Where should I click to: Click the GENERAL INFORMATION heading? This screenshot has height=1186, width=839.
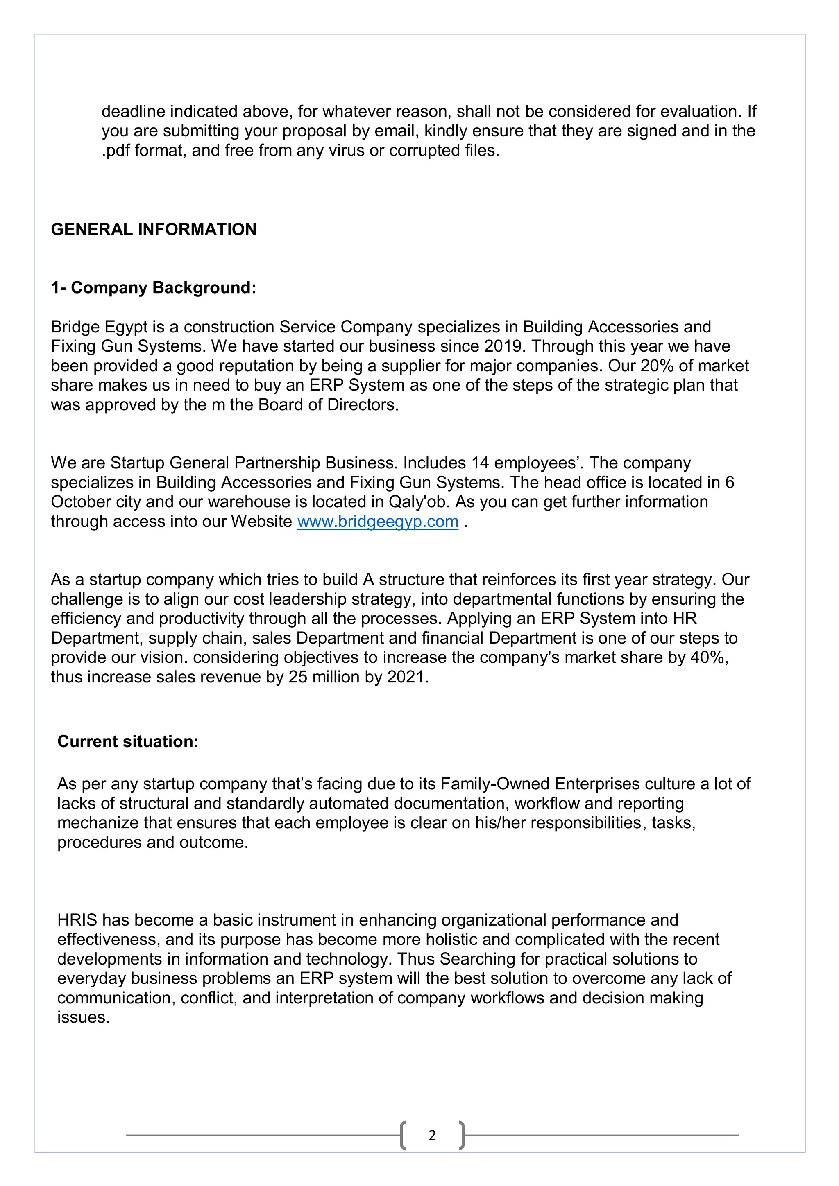(154, 229)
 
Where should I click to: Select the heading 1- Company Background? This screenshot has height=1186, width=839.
(154, 288)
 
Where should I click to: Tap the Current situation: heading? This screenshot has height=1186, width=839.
(128, 742)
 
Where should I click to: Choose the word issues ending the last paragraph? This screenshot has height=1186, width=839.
(83, 1018)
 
